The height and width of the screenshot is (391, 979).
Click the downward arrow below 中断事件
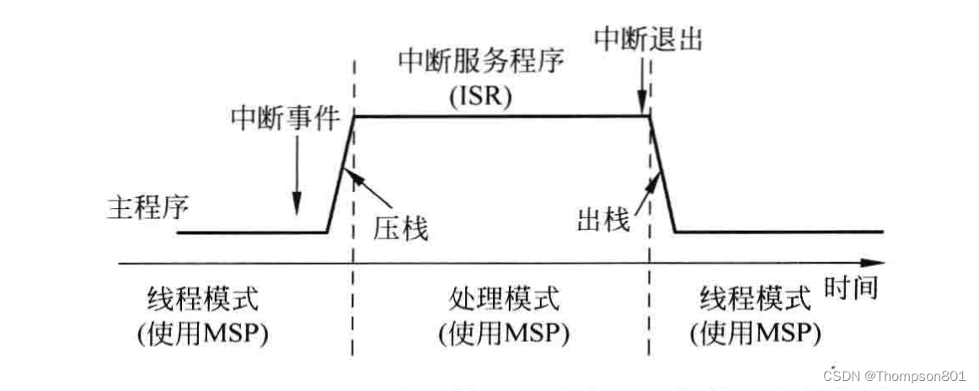[297, 177]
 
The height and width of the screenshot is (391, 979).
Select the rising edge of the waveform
[340, 174]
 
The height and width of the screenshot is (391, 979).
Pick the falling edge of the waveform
[664, 174]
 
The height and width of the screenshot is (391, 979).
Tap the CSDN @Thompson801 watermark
[896, 376]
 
